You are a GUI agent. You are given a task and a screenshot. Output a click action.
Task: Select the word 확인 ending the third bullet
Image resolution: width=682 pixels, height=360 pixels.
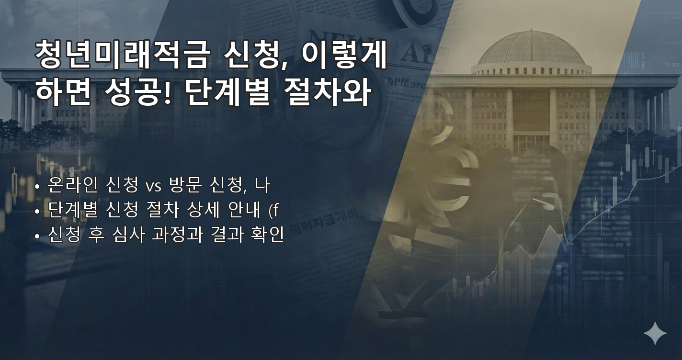click(267, 236)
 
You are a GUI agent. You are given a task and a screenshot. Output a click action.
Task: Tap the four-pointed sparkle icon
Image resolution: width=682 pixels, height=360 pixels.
click(655, 333)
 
